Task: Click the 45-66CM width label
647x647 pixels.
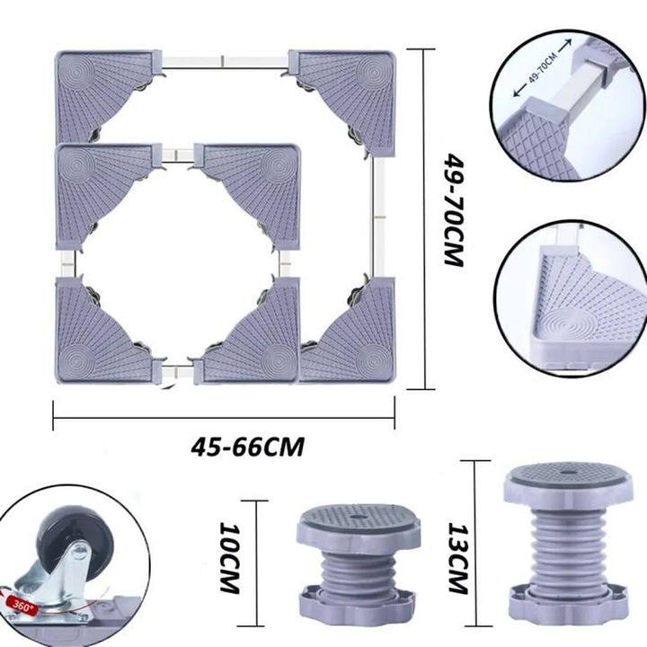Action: [x=248, y=447]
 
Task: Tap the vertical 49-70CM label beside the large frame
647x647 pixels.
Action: [x=455, y=210]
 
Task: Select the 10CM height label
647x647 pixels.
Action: [x=230, y=558]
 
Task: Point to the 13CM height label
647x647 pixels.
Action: [x=458, y=559]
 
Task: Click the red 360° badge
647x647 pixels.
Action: [x=21, y=607]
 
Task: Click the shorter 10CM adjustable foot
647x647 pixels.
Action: [x=359, y=565]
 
